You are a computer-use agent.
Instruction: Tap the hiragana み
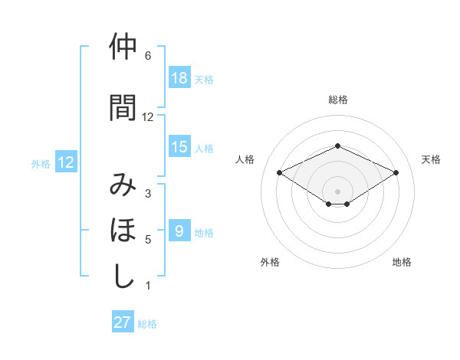coord(123,185)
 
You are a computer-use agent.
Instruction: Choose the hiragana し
coord(123,276)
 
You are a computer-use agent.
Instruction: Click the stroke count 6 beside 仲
coord(148,56)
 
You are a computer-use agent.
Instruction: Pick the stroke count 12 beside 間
coord(148,117)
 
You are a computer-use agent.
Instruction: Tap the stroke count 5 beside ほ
coord(148,240)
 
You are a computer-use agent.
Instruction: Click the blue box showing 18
coord(179,78)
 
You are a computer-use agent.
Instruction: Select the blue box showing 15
coord(179,147)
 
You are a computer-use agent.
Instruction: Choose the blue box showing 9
coord(179,231)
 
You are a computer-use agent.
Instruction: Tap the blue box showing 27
coord(123,322)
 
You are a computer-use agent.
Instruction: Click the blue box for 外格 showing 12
coord(65,162)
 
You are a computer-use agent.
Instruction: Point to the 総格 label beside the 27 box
coord(148,324)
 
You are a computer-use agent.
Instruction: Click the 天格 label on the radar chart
coord(431,159)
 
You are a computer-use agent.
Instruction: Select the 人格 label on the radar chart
coord(245,159)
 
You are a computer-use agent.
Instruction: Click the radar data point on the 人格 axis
coord(280,172)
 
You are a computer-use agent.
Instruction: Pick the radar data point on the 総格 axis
coord(337,146)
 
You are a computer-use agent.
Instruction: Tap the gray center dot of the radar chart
coord(337,191)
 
